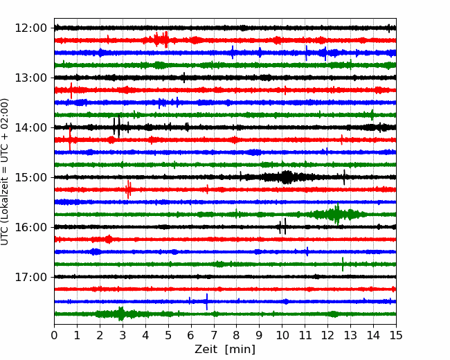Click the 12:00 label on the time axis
[x=30, y=28]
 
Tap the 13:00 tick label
[x=30, y=78]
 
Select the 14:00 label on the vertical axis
[x=30, y=127]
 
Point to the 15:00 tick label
[x=30, y=177]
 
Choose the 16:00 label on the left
[x=30, y=227]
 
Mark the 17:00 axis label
[x=30, y=277]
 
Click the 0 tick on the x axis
[x=54, y=335]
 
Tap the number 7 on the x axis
[x=214, y=335]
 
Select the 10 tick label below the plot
[x=282, y=335]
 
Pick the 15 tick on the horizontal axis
[x=396, y=335]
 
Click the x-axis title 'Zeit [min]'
[x=225, y=350]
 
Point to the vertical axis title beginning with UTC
[x=5, y=172]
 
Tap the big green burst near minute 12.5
[x=337, y=214]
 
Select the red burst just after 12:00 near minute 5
[x=161, y=39]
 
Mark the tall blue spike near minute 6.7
[x=206, y=302]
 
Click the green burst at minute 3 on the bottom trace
[x=121, y=314]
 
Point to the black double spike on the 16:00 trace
[x=282, y=227]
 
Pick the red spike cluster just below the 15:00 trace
[x=128, y=190]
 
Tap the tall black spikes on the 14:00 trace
[x=117, y=127]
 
